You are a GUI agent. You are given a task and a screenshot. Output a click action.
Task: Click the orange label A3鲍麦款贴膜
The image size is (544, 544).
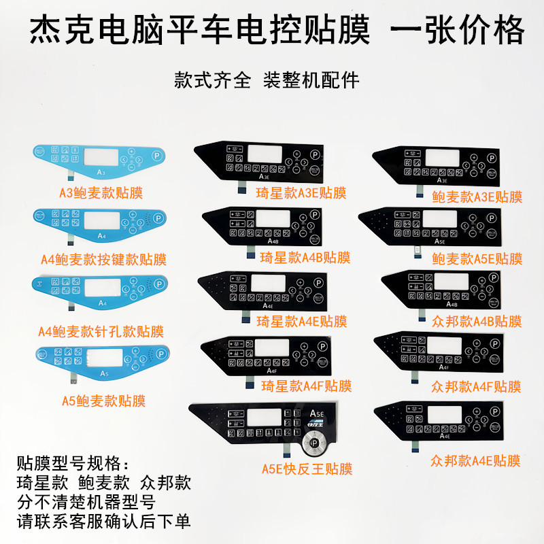[101, 192]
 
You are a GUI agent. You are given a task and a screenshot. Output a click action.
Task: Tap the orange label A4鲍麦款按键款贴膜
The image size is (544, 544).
[103, 259]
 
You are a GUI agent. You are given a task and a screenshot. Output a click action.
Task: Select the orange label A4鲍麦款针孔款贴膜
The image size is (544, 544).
[101, 332]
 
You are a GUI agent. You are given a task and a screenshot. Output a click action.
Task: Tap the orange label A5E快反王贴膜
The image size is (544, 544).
[307, 469]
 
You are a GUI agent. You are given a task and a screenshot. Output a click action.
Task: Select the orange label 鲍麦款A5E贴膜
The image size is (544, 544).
[477, 258]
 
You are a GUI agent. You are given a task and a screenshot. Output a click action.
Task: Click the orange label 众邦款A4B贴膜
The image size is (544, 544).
[477, 321]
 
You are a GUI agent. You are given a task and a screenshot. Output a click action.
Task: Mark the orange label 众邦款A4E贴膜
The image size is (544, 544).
[476, 462]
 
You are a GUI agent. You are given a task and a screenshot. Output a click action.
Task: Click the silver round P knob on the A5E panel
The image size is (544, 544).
[314, 442]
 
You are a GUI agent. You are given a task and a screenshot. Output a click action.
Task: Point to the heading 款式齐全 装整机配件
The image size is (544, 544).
[267, 80]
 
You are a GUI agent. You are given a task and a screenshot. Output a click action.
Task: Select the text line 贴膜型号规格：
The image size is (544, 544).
[72, 464]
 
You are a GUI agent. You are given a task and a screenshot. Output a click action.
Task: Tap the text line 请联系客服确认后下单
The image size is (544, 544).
[103, 522]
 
